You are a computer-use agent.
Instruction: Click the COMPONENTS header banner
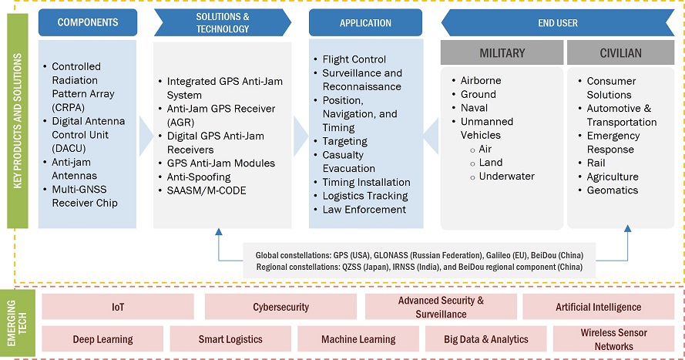tap(87, 22)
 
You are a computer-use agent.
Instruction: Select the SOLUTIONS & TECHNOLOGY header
tap(222, 22)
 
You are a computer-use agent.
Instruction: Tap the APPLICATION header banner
tap(365, 23)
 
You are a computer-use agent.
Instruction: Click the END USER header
tap(557, 23)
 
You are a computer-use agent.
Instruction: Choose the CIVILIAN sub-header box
tap(622, 53)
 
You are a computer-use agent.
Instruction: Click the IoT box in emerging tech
tap(117, 307)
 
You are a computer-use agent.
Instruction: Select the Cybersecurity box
tap(280, 307)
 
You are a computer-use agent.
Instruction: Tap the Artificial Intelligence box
tap(598, 307)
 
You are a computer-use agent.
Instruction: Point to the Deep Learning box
tap(102, 339)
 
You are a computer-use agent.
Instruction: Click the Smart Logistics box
tap(230, 339)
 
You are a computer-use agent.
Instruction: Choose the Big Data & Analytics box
tap(485, 339)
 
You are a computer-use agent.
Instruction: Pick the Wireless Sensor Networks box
tap(614, 339)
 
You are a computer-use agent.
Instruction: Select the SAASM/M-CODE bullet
tap(207, 190)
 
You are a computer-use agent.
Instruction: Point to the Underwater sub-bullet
tap(506, 177)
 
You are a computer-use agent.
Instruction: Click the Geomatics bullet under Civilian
tap(612, 190)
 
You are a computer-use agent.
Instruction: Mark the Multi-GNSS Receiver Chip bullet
tap(85, 196)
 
